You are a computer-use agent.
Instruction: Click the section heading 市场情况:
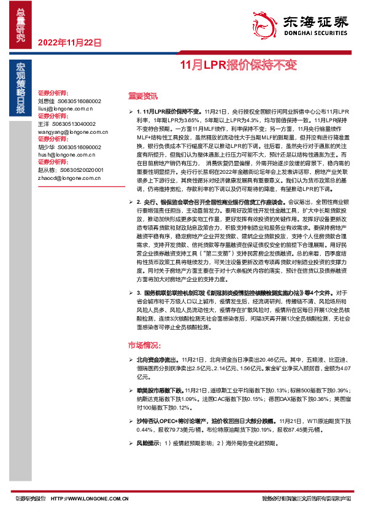point(143,344)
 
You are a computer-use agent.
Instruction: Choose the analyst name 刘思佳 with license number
point(69,101)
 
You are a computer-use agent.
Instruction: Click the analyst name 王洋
point(44,123)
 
